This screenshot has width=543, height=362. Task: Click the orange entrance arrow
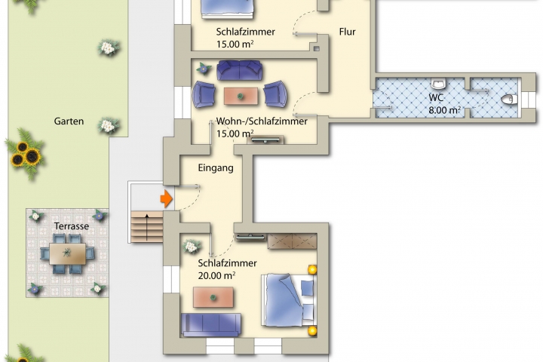pos(167,199)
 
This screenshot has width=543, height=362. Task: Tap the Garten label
pos(69,121)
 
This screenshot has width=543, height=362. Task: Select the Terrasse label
pos(72,226)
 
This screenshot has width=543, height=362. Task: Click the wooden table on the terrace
pos(68,254)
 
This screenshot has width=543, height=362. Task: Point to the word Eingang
pos(216,168)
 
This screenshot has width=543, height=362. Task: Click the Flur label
pos(348,32)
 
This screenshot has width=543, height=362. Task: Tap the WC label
pos(436,98)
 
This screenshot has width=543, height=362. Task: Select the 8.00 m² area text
pos(445,111)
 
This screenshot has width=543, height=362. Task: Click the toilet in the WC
pos(509,100)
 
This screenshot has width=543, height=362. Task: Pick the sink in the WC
pos(438,84)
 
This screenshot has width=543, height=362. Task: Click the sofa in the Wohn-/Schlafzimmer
pos(239,70)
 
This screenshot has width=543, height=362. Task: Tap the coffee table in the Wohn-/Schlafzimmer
pos(241,96)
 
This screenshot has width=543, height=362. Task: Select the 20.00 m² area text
pos(216,276)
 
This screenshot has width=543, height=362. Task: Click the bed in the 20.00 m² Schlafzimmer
pos(288,300)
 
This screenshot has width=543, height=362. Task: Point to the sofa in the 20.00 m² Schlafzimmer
pos(211,324)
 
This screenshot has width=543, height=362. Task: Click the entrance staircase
pos(147,227)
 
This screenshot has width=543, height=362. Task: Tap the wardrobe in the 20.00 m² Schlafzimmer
pos(293,241)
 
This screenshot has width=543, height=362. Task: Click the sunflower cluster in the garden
pos(25,154)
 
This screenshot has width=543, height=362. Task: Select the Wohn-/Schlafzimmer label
pos(262,121)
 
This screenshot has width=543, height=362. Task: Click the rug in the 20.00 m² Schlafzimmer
pos(213,297)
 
